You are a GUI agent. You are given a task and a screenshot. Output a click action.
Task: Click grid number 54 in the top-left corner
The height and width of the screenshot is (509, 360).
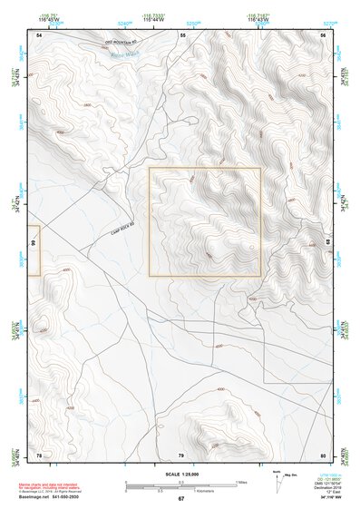tap(39, 34)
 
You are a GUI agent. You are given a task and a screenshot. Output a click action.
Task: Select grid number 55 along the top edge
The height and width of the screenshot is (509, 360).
tap(183, 34)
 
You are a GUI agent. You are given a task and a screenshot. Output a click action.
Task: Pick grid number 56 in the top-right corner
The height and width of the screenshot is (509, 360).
tap(322, 34)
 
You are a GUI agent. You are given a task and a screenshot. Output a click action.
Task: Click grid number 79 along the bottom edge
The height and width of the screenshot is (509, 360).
tap(181, 455)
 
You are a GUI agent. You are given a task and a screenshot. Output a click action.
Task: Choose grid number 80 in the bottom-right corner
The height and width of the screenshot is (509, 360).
tap(322, 455)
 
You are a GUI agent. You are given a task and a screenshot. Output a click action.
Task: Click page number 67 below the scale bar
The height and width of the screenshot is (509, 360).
tap(180, 498)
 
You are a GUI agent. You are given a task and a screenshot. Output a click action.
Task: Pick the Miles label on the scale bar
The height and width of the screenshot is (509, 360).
tap(240, 481)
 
